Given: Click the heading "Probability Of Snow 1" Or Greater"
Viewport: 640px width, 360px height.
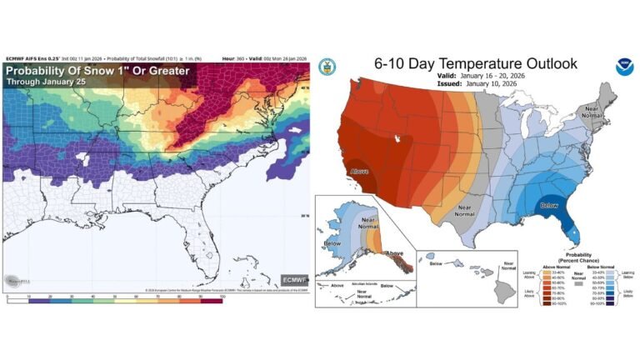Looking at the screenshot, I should (x=98, y=72).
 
